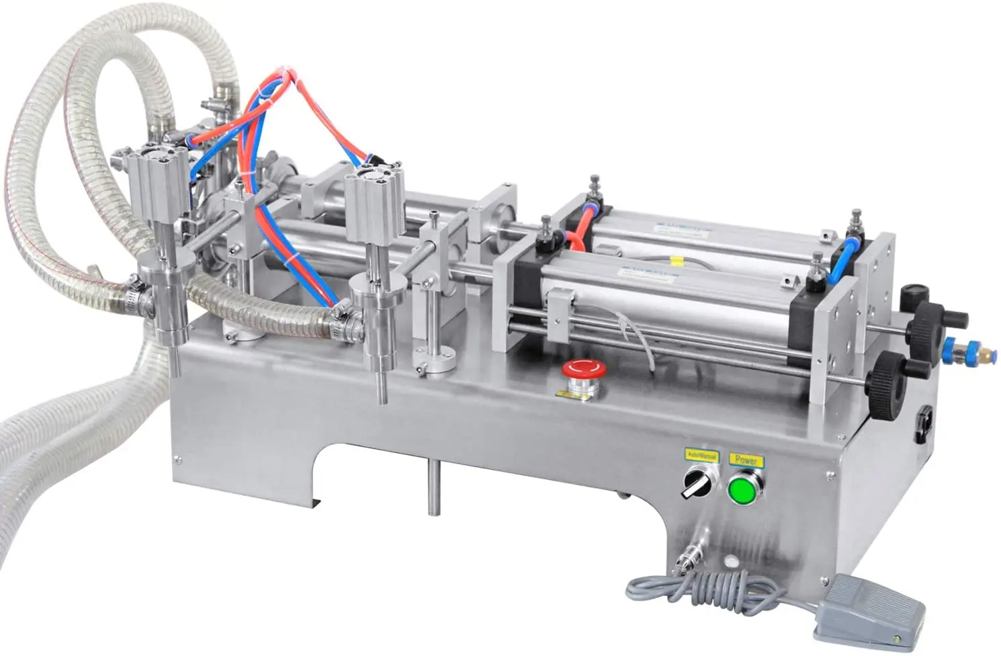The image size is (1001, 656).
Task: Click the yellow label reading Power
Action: [x=746, y=460]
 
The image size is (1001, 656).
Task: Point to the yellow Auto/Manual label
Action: [x=701, y=456]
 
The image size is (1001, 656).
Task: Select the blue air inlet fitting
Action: [x=952, y=348]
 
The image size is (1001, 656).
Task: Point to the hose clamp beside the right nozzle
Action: [x=342, y=322]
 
